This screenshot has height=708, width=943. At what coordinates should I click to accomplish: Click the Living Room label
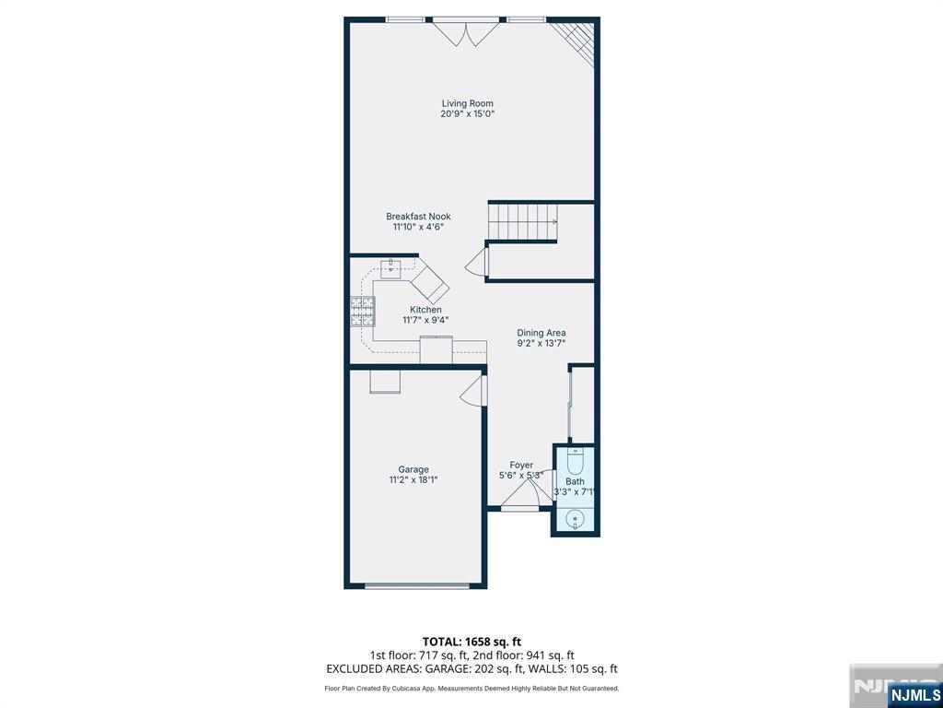click(467, 103)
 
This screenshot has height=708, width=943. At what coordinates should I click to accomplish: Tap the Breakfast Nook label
click(418, 216)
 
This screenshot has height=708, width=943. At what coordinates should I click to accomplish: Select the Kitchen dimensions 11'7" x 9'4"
click(425, 320)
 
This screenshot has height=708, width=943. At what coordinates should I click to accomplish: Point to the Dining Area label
click(541, 332)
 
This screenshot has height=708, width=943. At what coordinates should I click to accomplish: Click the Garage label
click(413, 469)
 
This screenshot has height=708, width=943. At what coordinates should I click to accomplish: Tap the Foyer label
click(521, 466)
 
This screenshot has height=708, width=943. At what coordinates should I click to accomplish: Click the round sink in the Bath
click(576, 518)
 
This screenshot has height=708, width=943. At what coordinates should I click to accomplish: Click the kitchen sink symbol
click(391, 265)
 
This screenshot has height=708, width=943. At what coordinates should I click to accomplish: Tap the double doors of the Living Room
click(466, 32)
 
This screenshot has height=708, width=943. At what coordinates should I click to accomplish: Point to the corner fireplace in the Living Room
click(577, 40)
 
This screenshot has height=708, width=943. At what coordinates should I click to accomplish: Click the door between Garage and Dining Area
click(474, 390)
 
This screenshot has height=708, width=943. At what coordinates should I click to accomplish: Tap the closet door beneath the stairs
click(477, 263)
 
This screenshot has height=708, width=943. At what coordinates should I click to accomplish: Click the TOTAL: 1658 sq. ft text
click(467, 642)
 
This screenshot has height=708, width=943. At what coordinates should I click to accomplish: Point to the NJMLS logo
click(914, 694)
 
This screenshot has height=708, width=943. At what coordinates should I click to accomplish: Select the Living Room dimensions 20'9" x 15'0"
click(467, 113)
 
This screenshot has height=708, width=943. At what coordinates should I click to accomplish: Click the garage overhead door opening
click(417, 585)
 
